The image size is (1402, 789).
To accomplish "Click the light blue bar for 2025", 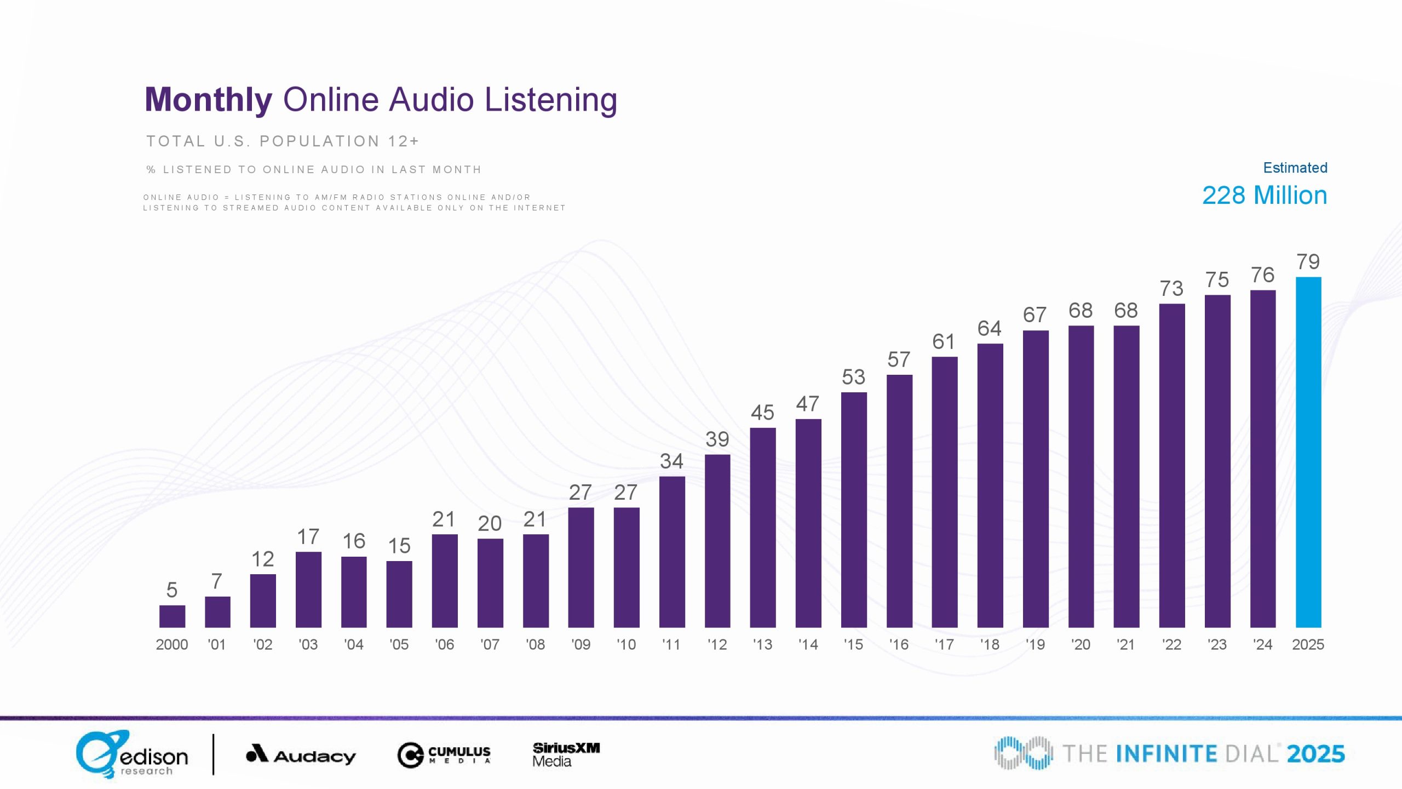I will (1308, 452).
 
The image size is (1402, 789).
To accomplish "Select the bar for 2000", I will (172, 616).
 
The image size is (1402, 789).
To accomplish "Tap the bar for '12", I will (717, 541).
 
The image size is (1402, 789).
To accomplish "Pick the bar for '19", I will (1036, 479).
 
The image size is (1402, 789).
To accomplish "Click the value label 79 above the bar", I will (1308, 262).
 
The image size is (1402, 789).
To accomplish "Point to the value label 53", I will (853, 377).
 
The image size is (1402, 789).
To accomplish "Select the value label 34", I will (671, 461).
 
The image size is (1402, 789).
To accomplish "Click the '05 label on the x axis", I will (399, 645).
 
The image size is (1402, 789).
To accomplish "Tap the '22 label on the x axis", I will (1172, 645).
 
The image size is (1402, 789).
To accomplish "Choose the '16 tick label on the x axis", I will (899, 645).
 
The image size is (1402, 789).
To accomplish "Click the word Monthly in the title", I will (208, 100).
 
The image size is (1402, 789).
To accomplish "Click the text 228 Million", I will (1264, 196).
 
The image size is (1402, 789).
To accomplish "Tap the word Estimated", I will (1295, 168).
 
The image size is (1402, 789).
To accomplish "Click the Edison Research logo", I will (131, 754).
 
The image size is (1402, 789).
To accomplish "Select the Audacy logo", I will (301, 755).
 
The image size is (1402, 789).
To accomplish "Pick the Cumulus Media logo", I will (444, 755).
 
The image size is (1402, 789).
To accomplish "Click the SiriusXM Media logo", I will (566, 754).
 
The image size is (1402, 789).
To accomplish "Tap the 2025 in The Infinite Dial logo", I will (1315, 754).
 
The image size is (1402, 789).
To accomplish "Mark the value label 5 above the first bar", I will (172, 590).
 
